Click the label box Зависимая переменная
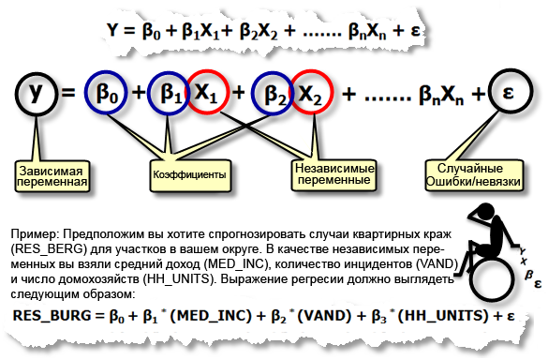click(52, 176)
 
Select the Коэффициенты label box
click(190, 175)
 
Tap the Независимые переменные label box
click(333, 175)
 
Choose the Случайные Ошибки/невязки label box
click(474, 175)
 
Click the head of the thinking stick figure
click(485, 212)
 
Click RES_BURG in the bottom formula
click(52, 316)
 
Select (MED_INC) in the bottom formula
click(211, 316)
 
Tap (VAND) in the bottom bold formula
click(324, 316)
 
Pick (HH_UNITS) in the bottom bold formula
click(443, 316)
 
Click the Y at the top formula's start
click(112, 30)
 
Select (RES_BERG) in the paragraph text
click(49, 249)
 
